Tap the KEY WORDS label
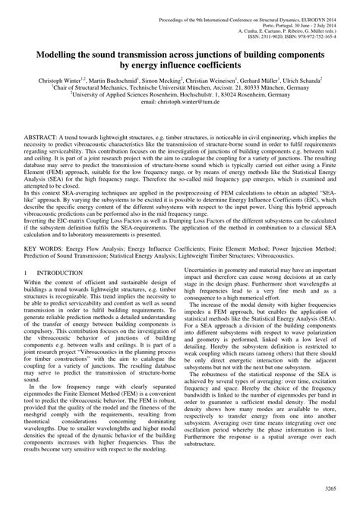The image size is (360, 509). [43, 269]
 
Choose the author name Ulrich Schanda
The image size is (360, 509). [319, 79]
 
